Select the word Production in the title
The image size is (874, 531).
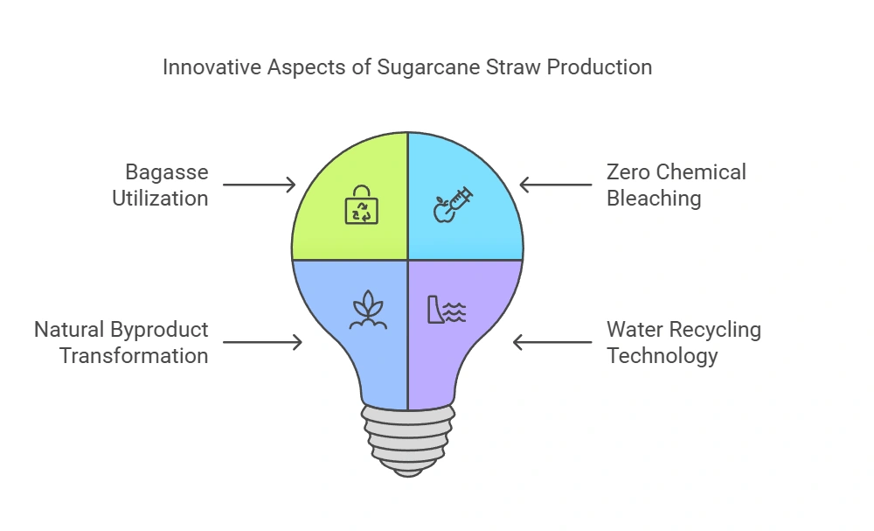pyautogui.click(x=600, y=67)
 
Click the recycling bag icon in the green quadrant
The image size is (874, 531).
pyautogui.click(x=362, y=205)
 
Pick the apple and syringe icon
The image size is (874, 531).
pyautogui.click(x=453, y=205)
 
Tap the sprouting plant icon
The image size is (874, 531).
pyautogui.click(x=368, y=310)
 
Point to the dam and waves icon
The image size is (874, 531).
pyautogui.click(x=447, y=310)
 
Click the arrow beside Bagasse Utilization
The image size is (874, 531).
pyautogui.click(x=260, y=185)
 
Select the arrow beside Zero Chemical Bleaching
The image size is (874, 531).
pyautogui.click(x=556, y=185)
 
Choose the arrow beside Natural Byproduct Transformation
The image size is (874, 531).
pyautogui.click(x=262, y=342)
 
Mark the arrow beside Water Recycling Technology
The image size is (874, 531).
pyautogui.click(x=552, y=342)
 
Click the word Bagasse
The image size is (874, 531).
pyautogui.click(x=167, y=173)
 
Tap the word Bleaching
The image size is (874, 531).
pyautogui.click(x=654, y=199)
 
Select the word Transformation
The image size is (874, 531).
pyautogui.click(x=134, y=356)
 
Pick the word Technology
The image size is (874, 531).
pyautogui.click(x=662, y=356)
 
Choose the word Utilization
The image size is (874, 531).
pyautogui.click(x=161, y=199)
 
